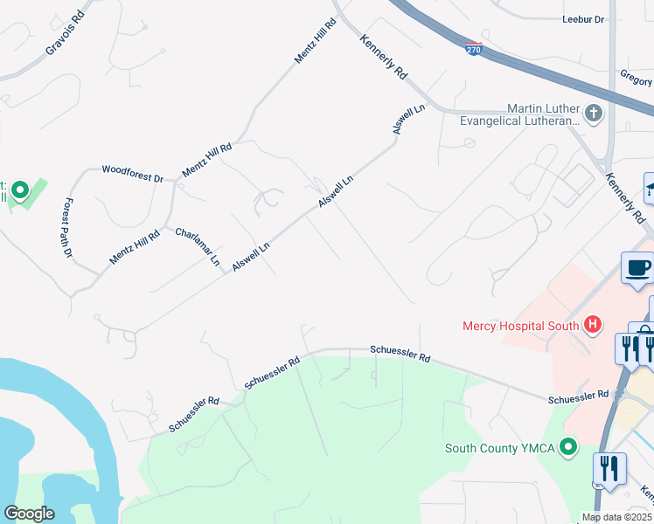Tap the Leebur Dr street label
point(581,18)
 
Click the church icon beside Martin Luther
point(594,113)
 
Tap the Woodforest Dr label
point(132,173)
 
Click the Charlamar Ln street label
point(198,246)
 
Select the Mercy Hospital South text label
point(521,327)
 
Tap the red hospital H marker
point(594,326)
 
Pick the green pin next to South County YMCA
point(569,448)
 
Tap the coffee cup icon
point(637,267)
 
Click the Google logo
point(29,513)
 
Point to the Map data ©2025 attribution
point(616,517)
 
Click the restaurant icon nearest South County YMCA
point(609,468)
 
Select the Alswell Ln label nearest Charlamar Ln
point(251,256)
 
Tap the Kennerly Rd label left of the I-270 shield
point(384,58)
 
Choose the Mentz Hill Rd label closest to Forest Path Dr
point(135,247)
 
